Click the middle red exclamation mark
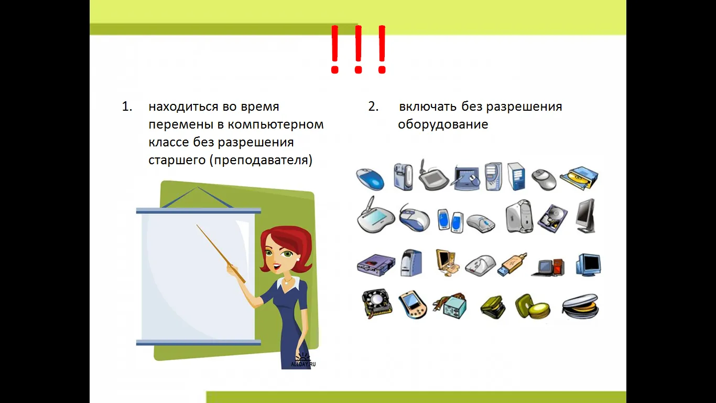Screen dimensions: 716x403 pyautogui.click(x=358, y=49)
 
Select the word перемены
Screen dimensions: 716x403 pyautogui.click(x=181, y=124)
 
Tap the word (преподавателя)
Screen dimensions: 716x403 pyautogui.click(x=261, y=160)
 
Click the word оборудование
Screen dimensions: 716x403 pyautogui.click(x=443, y=124)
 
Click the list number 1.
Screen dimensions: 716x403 pyautogui.click(x=127, y=107)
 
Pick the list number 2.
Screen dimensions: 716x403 pyautogui.click(x=373, y=107)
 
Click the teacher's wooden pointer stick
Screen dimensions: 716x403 pyautogui.click(x=221, y=254)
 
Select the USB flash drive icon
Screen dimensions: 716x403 pyautogui.click(x=512, y=264)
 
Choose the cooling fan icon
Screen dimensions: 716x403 pyautogui.click(x=377, y=303)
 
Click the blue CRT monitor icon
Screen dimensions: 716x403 pyautogui.click(x=588, y=264)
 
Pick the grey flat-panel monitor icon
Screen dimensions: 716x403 pyautogui.click(x=585, y=216)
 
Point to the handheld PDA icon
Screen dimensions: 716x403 pyautogui.click(x=413, y=304)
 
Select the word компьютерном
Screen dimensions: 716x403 pyautogui.click(x=276, y=124)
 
